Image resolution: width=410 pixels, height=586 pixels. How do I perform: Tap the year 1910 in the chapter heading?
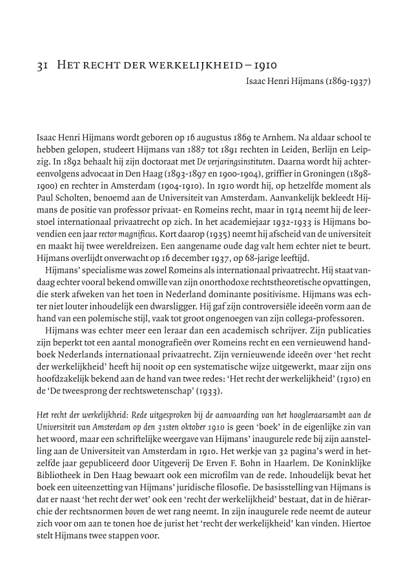coord(265,65)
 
